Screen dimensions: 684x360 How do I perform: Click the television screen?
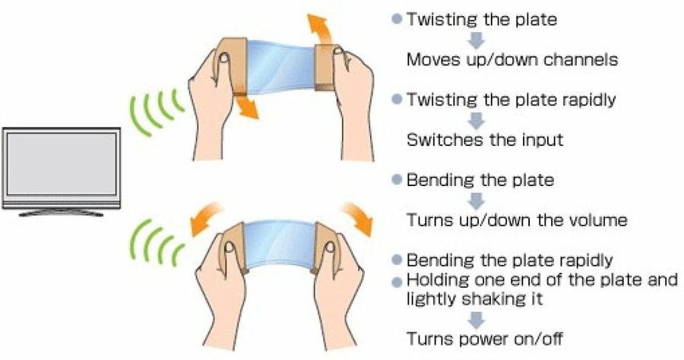point(62,163)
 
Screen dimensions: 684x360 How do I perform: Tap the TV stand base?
point(61,213)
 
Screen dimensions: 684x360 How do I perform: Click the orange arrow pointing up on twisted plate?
point(318,29)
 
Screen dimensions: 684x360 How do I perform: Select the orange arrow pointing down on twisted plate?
point(246,106)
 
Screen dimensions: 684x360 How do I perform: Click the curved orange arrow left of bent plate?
point(205,218)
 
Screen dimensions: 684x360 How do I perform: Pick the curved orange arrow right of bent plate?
point(359,217)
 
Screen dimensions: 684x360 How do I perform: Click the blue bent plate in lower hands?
point(279,245)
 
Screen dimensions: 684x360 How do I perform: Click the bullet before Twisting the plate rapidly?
point(397,99)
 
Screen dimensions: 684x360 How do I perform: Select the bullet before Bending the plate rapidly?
point(397,260)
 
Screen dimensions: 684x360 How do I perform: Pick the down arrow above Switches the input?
point(476,121)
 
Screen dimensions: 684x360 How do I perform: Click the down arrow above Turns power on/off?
point(476,320)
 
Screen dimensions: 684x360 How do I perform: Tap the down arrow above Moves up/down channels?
point(476,40)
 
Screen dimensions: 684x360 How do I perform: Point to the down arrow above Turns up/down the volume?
point(476,201)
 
